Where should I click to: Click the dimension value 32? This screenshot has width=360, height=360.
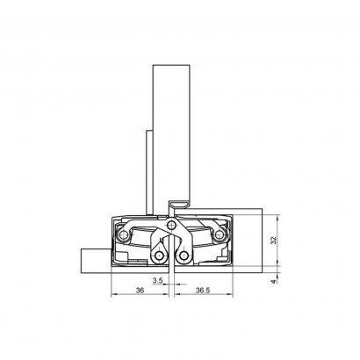coord(273,241)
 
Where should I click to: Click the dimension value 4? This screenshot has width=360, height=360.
coord(273,282)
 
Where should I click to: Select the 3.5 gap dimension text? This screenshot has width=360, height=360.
coord(157,281)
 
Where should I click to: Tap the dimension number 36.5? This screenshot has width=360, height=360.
coord(203,290)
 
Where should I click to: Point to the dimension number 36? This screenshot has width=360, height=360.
coord(140,290)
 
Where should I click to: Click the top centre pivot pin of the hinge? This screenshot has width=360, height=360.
coord(171,225)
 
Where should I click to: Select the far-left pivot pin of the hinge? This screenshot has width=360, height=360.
coord(124,234)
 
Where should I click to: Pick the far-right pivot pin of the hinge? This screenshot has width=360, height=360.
coord(219,234)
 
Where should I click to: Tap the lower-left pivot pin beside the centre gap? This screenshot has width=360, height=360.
coord(160,256)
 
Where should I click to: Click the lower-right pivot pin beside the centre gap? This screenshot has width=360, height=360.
coord(184,256)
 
